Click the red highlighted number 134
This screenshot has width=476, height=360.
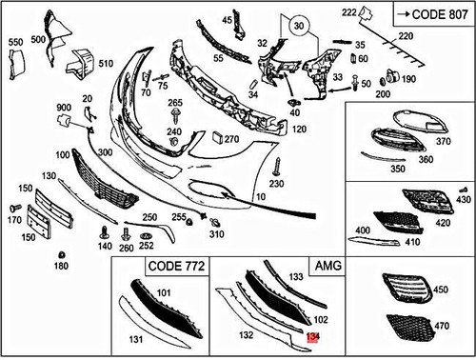[312, 336]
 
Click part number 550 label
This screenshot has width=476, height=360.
[15, 43]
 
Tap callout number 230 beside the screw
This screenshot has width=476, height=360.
[277, 183]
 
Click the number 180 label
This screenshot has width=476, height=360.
[62, 266]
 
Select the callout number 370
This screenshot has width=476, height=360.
[443, 141]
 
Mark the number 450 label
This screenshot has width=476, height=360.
[440, 289]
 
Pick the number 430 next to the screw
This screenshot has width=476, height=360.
[464, 201]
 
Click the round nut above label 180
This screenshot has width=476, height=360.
[62, 254]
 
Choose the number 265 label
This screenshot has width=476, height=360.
[175, 102]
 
